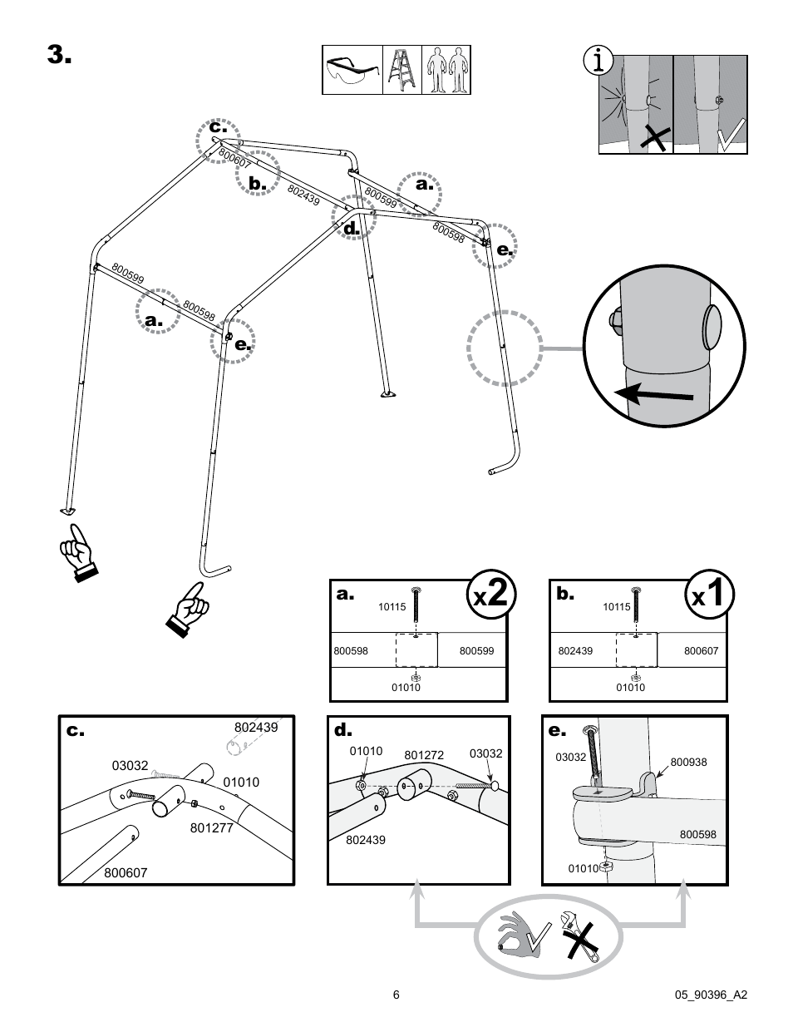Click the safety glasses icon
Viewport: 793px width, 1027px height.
click(352, 70)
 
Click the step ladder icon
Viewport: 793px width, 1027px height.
click(401, 70)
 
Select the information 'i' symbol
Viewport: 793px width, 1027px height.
click(598, 62)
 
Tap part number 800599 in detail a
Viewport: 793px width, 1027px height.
click(476, 650)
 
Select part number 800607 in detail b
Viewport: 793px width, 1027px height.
click(701, 650)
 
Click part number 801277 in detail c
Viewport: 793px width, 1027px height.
click(211, 827)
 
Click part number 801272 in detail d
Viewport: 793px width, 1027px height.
click(424, 755)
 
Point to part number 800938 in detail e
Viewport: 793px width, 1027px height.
click(687, 761)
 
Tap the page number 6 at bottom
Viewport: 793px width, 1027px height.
click(396, 995)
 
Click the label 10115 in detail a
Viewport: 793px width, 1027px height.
click(392, 607)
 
